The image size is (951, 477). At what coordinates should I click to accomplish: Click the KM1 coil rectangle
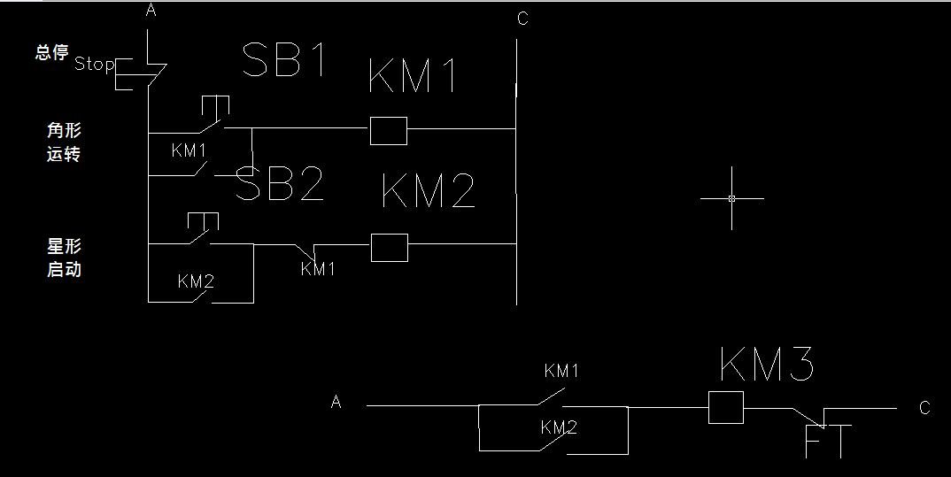pyautogui.click(x=388, y=130)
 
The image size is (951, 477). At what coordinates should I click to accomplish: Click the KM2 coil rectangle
pyautogui.click(x=389, y=248)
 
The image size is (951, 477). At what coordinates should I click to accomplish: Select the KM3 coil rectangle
pyautogui.click(x=726, y=407)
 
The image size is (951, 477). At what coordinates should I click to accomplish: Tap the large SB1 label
pyautogui.click(x=285, y=61)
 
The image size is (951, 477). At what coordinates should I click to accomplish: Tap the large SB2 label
pyautogui.click(x=280, y=185)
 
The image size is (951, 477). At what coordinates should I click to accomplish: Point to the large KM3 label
pyautogui.click(x=767, y=364)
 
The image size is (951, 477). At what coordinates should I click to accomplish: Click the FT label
pyautogui.click(x=828, y=442)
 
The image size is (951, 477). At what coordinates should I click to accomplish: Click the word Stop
pyautogui.click(x=94, y=64)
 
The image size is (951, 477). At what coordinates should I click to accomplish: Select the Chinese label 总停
pyautogui.click(x=51, y=52)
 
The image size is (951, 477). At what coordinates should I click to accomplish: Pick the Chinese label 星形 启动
pyautogui.click(x=64, y=258)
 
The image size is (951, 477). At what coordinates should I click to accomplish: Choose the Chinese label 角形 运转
pyautogui.click(x=64, y=142)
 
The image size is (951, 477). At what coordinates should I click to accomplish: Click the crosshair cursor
pyautogui.click(x=731, y=198)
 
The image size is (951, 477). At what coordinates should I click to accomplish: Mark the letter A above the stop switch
pyautogui.click(x=151, y=11)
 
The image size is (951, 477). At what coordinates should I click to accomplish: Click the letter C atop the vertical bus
pyautogui.click(x=522, y=19)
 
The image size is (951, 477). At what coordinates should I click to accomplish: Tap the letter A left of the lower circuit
pyautogui.click(x=336, y=403)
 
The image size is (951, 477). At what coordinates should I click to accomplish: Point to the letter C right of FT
pyautogui.click(x=924, y=408)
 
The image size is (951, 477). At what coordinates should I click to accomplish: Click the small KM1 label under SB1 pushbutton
pyautogui.click(x=189, y=150)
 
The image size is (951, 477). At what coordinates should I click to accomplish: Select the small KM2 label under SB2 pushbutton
pyautogui.click(x=196, y=281)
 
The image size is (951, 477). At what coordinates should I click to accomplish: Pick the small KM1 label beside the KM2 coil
pyautogui.click(x=318, y=269)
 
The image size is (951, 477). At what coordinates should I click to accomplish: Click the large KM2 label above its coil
pyautogui.click(x=428, y=192)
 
